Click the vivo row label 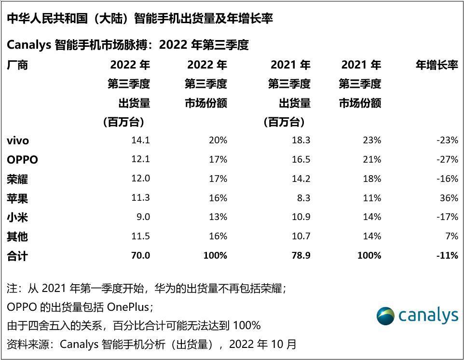[x=18, y=140]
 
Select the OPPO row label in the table [x=22, y=160]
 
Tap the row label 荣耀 [x=17, y=179]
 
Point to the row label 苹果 [x=17, y=198]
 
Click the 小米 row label [x=17, y=217]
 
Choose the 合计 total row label [x=17, y=256]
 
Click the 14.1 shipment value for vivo [x=141, y=140]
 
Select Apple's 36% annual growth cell [x=449, y=198]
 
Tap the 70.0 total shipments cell [x=140, y=255]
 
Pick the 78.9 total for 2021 [x=301, y=255]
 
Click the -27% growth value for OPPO [x=447, y=159]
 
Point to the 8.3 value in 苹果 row [x=304, y=198]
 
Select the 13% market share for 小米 [x=218, y=217]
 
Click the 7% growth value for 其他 [x=451, y=236]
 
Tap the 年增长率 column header [x=437, y=65]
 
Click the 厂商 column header [x=17, y=65]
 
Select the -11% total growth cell [x=447, y=255]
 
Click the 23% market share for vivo [x=372, y=140]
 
